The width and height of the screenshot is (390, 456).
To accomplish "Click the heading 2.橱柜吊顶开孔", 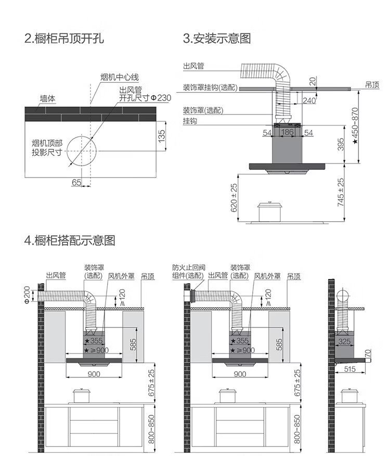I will pos(64,39).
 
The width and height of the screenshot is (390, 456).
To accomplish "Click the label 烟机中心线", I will pos(120,78).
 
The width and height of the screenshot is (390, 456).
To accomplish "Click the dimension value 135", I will pos(162,136).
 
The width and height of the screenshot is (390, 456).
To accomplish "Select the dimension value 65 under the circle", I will pos(76,182).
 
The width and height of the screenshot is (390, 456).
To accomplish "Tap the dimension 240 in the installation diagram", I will pos(309,100).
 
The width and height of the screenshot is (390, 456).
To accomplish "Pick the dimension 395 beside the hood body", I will pos(341,145).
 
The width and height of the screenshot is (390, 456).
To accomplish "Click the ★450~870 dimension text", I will pos(355,126).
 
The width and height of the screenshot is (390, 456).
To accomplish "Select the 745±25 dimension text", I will pos(341,192).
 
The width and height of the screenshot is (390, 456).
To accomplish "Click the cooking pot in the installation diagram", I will pos(269,211).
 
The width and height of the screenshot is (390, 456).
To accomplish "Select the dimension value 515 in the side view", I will pos(350,369).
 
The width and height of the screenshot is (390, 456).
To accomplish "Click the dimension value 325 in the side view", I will pos(344,342).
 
